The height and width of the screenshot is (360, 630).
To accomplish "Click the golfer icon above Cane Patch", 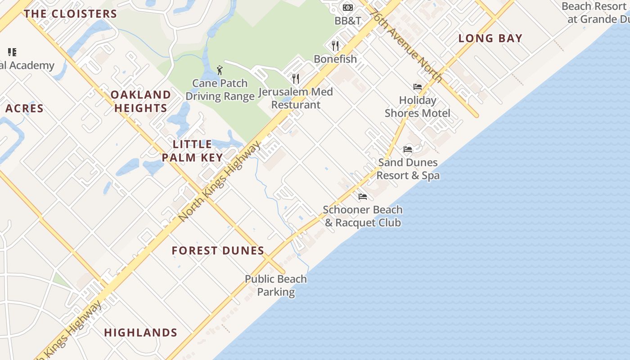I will click(x=220, y=70).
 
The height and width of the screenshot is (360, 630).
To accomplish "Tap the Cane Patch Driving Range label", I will click(x=220, y=90).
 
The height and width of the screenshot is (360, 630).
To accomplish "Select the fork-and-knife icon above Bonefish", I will click(x=335, y=45).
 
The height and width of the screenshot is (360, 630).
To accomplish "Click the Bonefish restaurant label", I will click(x=335, y=59).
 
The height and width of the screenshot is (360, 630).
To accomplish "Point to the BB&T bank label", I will click(x=348, y=21).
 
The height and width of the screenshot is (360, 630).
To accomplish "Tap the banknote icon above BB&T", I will click(x=348, y=8).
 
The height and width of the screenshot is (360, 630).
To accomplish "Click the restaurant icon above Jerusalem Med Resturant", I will click(x=296, y=79).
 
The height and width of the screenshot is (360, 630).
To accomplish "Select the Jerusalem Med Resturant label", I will click(x=296, y=98).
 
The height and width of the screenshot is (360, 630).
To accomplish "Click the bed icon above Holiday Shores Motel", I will click(x=418, y=87).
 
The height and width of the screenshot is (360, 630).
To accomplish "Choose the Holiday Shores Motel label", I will click(x=418, y=107).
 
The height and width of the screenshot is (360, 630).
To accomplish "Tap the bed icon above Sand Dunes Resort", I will click(x=408, y=149).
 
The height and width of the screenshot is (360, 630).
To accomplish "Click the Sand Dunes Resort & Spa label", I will click(x=408, y=169).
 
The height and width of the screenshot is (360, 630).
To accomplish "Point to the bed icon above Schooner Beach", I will click(x=363, y=196).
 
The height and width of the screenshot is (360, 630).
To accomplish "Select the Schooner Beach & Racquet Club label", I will click(x=363, y=216).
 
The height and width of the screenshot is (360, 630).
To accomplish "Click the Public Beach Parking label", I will click(x=276, y=285).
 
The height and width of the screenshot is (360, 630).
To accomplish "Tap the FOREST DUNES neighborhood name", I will click(x=218, y=251).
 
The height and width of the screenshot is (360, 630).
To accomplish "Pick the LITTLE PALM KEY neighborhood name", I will click(x=193, y=151).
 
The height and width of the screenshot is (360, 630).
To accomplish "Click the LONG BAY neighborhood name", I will click(x=490, y=38).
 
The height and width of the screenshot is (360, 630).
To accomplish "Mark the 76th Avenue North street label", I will click(x=406, y=46).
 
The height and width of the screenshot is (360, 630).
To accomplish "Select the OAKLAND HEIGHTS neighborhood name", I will click(x=141, y=101).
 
